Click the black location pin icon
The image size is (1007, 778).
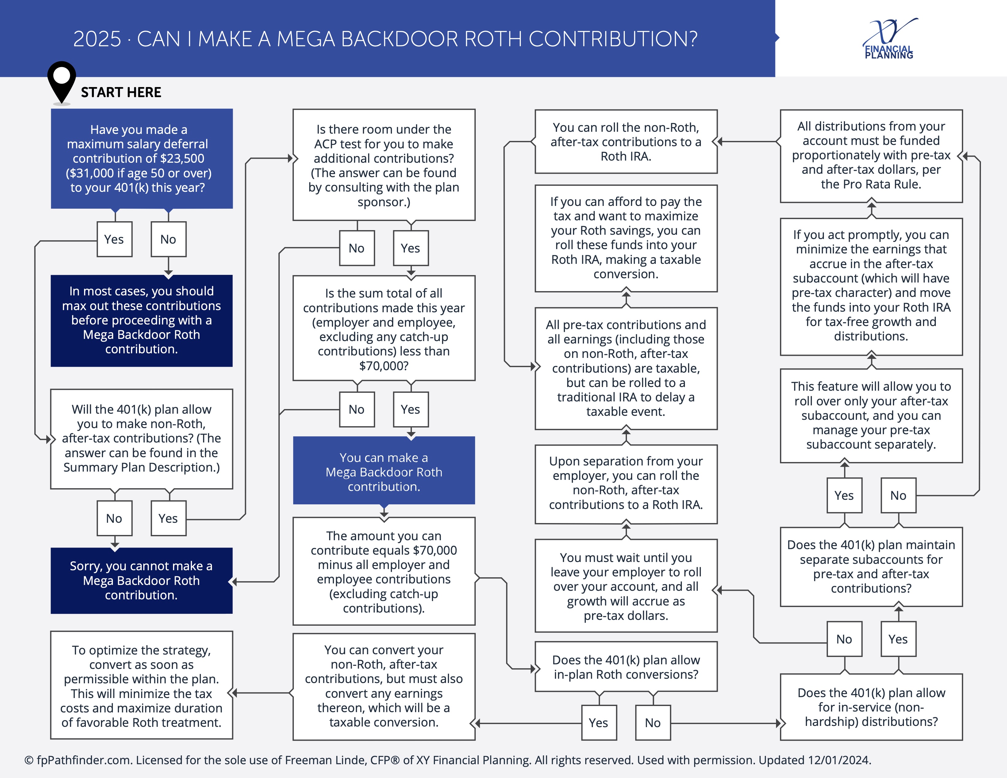coord(61,82)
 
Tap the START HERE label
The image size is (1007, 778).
coord(121,92)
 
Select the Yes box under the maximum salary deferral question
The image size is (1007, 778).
coord(114,239)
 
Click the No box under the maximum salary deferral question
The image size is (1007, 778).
coord(168,239)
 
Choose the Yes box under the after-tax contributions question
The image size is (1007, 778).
coord(168,518)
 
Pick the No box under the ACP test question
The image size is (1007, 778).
coord(357,248)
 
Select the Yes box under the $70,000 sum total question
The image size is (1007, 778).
coord(411,409)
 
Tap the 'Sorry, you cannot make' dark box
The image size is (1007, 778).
coord(141,580)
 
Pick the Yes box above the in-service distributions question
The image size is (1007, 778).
coord(898,639)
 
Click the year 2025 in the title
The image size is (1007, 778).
coord(97,39)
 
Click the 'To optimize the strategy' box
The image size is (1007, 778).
coord(141,685)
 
